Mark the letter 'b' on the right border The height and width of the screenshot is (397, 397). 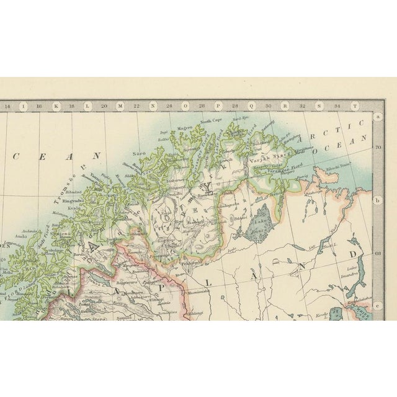point(377,200)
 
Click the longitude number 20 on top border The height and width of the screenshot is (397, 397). point(104,107)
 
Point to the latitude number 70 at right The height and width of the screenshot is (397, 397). point(377,147)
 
